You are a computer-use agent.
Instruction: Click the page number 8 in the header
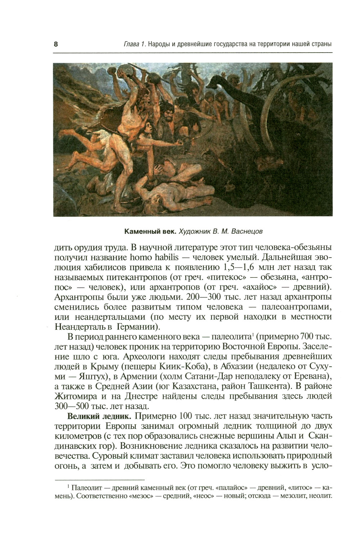pos(56,45)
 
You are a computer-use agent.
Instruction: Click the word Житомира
pos(74,396)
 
